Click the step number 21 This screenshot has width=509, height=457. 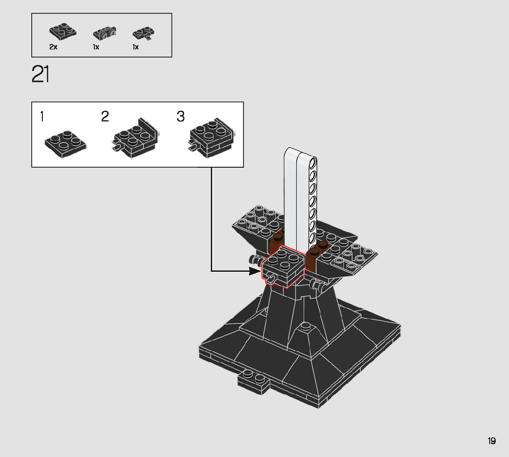click(40, 74)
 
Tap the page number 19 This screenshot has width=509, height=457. click(492, 441)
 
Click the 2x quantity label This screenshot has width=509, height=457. click(53, 47)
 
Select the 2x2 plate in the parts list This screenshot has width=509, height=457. click(63, 31)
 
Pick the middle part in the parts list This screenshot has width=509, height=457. click(104, 34)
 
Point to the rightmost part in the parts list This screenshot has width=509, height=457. click(143, 34)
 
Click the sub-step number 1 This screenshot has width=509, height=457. click(41, 116)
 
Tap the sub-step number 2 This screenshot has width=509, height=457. click(105, 116)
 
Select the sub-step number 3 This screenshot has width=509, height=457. click(180, 116)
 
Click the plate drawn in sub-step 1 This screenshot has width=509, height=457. click(65, 144)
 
